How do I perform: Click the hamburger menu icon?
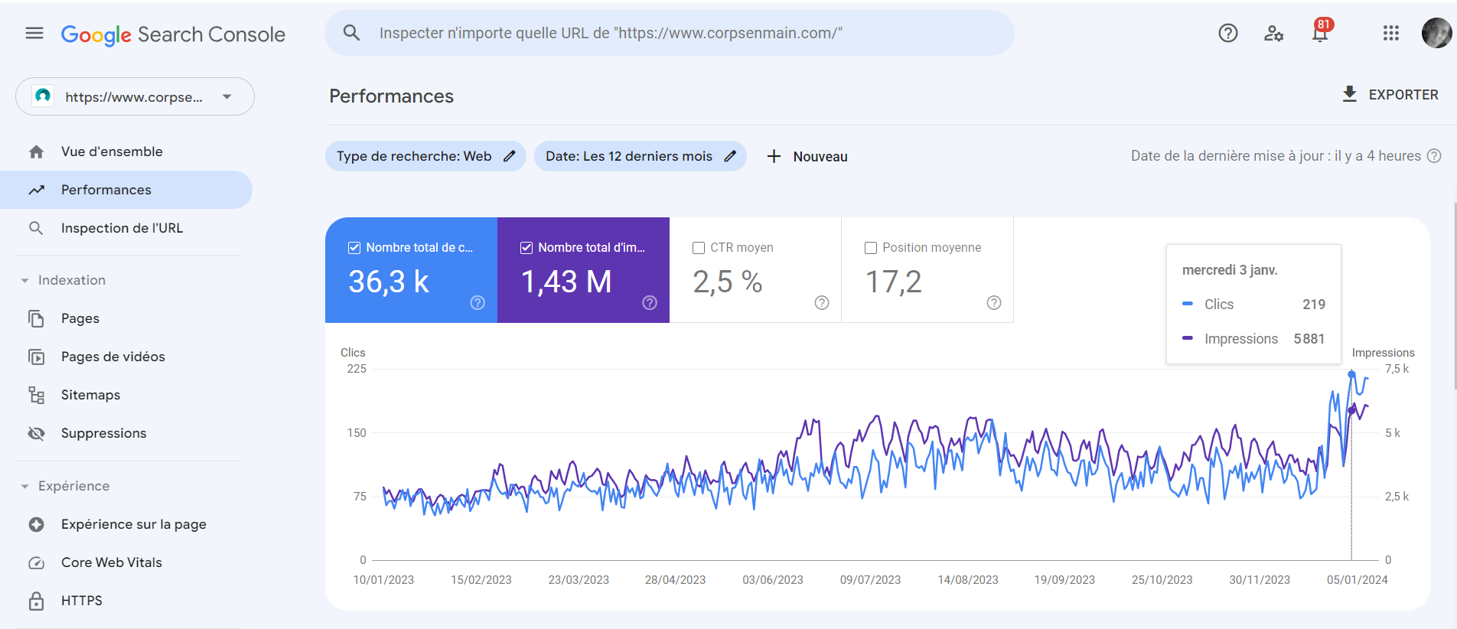(x=34, y=34)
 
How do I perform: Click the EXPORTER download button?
(x=1390, y=94)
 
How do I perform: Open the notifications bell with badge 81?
(x=1320, y=33)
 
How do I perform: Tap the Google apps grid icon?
(x=1390, y=33)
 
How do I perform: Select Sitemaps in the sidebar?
(x=90, y=395)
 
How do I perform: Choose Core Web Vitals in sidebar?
(x=111, y=562)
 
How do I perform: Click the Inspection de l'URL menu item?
(x=122, y=228)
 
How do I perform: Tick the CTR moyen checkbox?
(x=699, y=248)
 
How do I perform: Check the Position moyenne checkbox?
(x=871, y=248)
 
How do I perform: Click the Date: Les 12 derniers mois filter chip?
(x=639, y=156)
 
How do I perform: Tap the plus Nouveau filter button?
(x=807, y=156)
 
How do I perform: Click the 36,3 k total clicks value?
(x=389, y=282)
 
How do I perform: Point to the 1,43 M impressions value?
(x=566, y=282)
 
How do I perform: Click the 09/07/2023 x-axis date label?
(x=870, y=580)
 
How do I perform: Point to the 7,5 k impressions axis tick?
(x=1397, y=369)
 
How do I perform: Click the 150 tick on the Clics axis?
(x=357, y=433)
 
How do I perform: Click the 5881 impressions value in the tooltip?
(x=1309, y=339)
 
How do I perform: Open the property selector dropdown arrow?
(x=227, y=96)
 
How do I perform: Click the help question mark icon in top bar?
(x=1228, y=33)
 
